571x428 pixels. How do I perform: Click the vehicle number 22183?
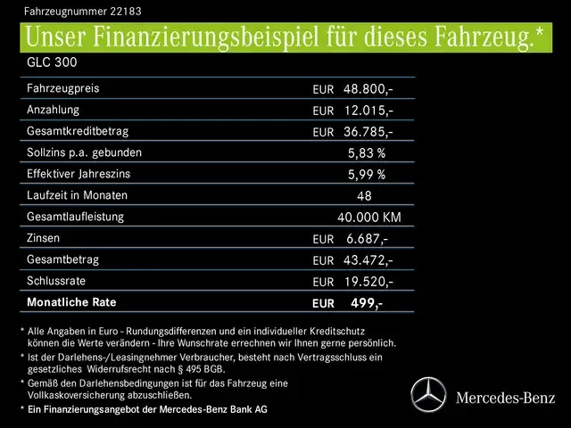click(x=120, y=12)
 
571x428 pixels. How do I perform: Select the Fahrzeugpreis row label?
click(x=63, y=89)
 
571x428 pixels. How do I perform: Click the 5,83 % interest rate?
click(x=367, y=153)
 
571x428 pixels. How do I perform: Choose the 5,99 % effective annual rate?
click(x=367, y=175)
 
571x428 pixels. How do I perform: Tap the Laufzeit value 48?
click(x=364, y=196)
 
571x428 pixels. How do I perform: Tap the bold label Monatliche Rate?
click(x=74, y=303)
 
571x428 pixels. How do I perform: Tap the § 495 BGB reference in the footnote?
click(x=202, y=368)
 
